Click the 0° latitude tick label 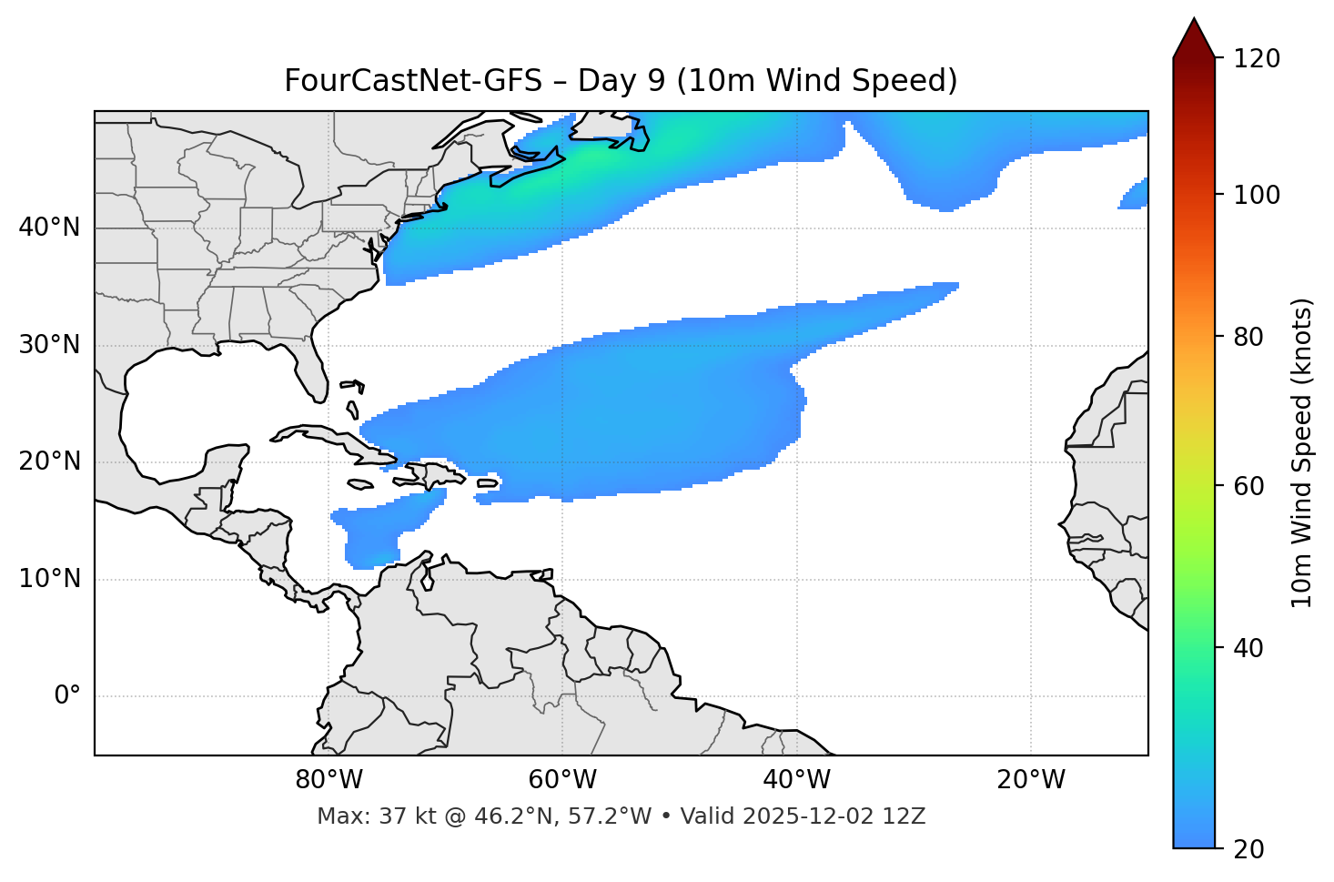[67, 696]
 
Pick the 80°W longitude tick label [328, 780]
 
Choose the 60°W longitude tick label [562, 780]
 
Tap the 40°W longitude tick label [796, 780]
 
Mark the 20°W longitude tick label [1031, 780]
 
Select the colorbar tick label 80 [1253, 337]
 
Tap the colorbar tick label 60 [1253, 486]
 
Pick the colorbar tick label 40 [1253, 648]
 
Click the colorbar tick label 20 [1253, 849]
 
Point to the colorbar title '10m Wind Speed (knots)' [1302, 452]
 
